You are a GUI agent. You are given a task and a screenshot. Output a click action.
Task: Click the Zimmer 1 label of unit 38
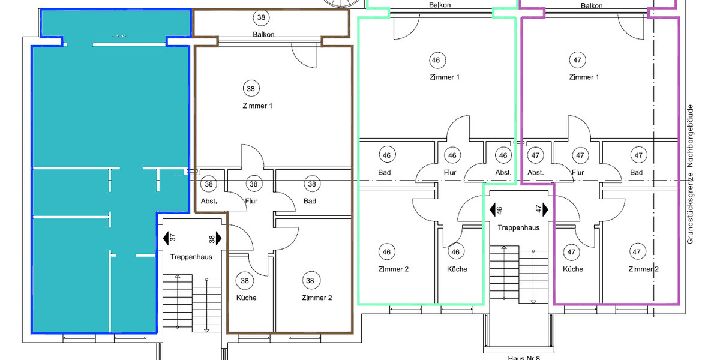pyautogui.click(x=259, y=106)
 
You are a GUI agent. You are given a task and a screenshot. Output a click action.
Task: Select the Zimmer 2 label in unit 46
pyautogui.click(x=394, y=269)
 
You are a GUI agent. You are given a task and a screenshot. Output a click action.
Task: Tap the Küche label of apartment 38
pyautogui.click(x=246, y=298)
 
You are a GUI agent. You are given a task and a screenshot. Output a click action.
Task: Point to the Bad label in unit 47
pyautogui.click(x=636, y=173)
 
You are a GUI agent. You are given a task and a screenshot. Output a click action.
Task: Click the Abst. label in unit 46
pyautogui.click(x=503, y=173)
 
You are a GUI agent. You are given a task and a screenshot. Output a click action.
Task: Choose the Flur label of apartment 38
pyautogui.click(x=251, y=201)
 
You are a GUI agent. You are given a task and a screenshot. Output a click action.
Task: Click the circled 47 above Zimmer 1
pyautogui.click(x=578, y=60)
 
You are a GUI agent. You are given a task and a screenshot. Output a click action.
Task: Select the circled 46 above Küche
pyautogui.click(x=456, y=252)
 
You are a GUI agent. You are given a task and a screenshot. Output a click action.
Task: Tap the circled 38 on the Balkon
pyautogui.click(x=261, y=17)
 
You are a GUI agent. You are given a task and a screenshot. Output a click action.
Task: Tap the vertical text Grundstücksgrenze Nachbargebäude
pyautogui.click(x=690, y=174)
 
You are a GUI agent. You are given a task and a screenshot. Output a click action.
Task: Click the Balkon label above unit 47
pyautogui.click(x=592, y=5)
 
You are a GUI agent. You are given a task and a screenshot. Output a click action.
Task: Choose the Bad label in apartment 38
pyautogui.click(x=310, y=201)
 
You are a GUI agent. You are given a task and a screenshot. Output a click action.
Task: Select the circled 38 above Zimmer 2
pyautogui.click(x=310, y=280)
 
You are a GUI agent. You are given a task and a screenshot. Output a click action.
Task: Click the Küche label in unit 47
pyautogui.click(x=572, y=269)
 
